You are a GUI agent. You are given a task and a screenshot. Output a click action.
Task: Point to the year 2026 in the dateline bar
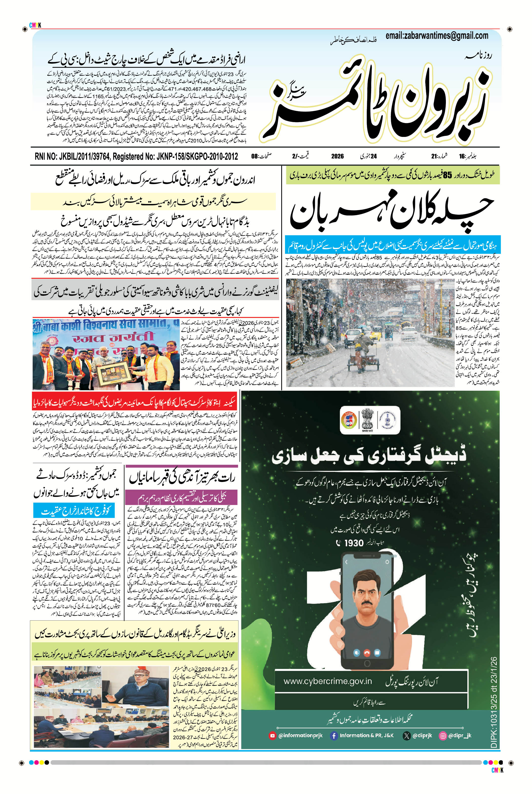[337, 156]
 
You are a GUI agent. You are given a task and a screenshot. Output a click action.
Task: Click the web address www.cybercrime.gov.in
[327, 681]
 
